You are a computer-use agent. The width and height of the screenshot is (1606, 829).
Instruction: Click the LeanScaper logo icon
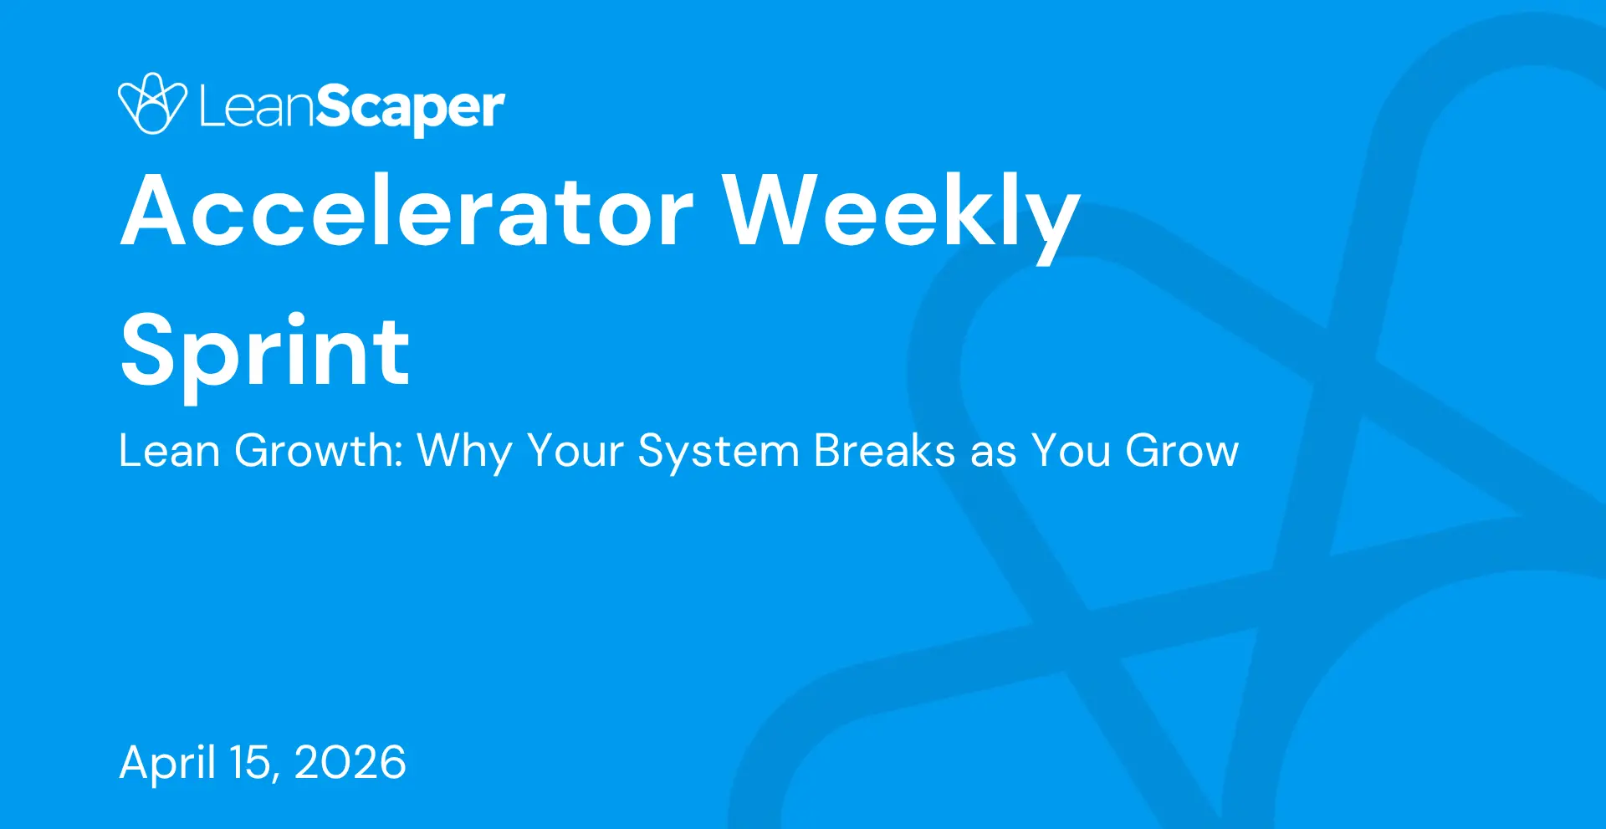tap(152, 104)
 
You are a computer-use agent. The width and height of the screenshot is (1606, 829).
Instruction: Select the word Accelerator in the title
tap(407, 210)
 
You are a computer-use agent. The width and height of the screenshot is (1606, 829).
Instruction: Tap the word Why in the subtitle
tap(464, 453)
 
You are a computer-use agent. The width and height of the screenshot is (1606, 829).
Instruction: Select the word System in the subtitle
tap(719, 453)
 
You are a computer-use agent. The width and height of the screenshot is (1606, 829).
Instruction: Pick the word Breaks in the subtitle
tap(884, 451)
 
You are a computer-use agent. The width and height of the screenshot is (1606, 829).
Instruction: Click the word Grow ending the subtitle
tap(1181, 451)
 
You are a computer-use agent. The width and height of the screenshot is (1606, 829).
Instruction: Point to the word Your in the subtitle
tap(575, 451)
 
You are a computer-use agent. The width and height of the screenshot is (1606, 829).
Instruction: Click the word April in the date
tap(168, 763)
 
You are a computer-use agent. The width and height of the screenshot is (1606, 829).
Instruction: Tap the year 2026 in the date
tap(350, 763)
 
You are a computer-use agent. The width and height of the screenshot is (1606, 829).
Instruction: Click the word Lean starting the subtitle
tap(169, 451)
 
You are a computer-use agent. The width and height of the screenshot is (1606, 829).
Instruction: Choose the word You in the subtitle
tap(1070, 451)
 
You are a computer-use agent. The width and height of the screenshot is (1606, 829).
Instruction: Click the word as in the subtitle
tap(993, 456)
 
